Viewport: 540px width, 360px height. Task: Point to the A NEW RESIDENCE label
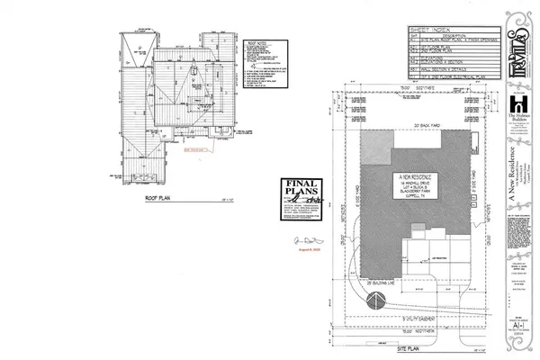tap(413, 175)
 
